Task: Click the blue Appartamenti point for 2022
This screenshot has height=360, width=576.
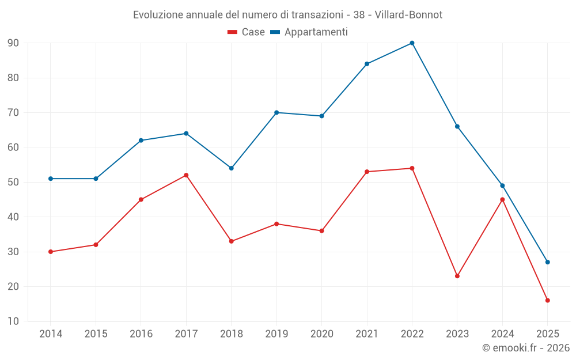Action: pos(412,43)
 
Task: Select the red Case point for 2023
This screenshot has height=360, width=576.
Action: pos(457,276)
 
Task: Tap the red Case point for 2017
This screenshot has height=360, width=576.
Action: pos(186,175)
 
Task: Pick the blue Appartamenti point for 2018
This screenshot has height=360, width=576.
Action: pos(232,168)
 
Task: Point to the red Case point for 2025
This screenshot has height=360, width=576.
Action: pos(547,300)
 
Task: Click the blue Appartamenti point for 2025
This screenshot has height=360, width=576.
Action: pos(547,262)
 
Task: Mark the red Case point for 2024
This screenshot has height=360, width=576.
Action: pos(502,199)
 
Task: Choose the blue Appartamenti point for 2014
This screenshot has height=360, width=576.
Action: pos(51,179)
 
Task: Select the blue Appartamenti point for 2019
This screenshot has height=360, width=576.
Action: pos(276,112)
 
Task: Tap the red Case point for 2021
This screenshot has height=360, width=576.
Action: pos(367,172)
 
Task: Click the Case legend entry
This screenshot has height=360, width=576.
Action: pos(247,32)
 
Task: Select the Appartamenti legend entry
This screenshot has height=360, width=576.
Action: pos(309,32)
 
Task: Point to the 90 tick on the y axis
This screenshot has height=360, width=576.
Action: pos(13,43)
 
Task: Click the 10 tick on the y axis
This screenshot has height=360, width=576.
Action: pos(13,321)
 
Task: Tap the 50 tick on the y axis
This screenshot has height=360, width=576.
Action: pos(13,182)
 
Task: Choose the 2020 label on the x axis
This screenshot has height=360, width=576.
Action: pos(321,334)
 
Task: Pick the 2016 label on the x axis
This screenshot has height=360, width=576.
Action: pos(141,334)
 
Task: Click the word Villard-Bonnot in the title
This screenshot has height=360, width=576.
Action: pos(408,15)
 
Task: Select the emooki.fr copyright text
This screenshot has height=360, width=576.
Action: pos(526,348)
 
